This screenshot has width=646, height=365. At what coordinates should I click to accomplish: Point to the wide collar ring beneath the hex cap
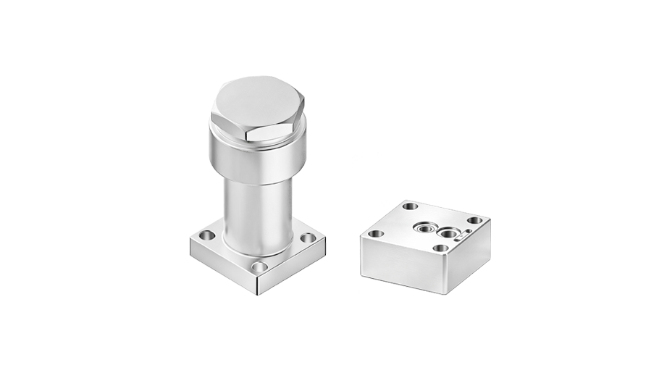pos(257,158)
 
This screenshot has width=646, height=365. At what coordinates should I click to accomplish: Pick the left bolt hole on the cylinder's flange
pos(207,235)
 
